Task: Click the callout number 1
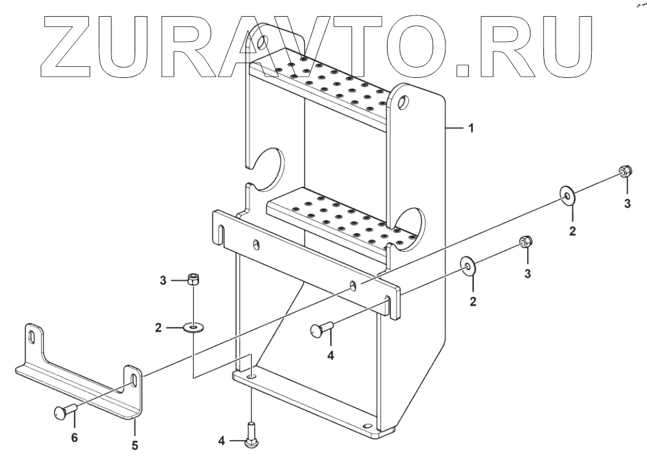tap(471, 128)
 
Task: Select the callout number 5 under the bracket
tap(135, 445)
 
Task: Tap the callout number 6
tap(74, 437)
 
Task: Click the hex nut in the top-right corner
tap(623, 171)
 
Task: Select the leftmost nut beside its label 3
tap(192, 280)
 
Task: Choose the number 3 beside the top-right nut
tap(628, 205)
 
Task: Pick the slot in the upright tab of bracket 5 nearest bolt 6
tap(132, 378)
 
